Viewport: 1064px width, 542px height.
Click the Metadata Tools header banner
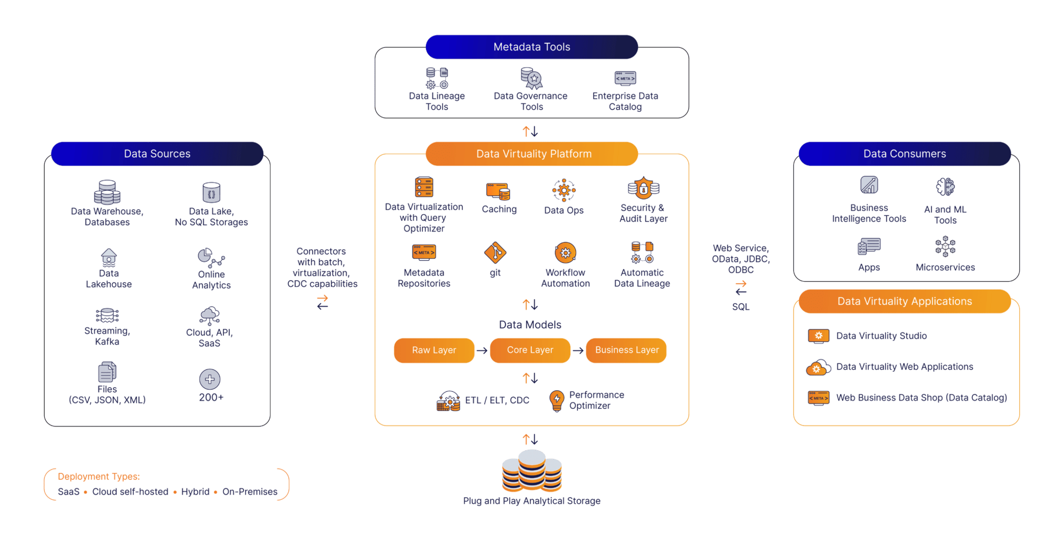pos(531,47)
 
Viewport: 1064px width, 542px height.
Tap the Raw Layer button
pos(434,350)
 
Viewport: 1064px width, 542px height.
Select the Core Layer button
pos(530,350)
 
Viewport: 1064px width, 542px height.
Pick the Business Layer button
pos(626,350)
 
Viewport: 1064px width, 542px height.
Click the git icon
pos(495,252)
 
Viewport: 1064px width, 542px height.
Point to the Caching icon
pos(498,191)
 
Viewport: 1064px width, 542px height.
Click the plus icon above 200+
pos(210,379)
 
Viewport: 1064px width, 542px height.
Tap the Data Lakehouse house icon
pos(109,257)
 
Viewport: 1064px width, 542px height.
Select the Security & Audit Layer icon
pos(643,188)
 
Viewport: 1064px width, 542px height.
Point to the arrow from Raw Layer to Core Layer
pos(482,350)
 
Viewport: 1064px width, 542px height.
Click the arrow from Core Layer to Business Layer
pos(578,350)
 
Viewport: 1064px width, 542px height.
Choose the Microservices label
pos(945,267)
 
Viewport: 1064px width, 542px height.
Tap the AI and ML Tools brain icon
pos(945,187)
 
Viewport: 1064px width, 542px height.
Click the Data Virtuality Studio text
pos(881,336)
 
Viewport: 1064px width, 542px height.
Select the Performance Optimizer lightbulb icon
pos(556,400)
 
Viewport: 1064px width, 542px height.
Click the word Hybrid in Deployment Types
pos(195,492)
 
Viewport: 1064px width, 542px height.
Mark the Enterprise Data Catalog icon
pos(625,78)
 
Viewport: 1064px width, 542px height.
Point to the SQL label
pos(741,307)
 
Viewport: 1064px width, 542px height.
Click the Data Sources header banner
pos(157,154)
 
